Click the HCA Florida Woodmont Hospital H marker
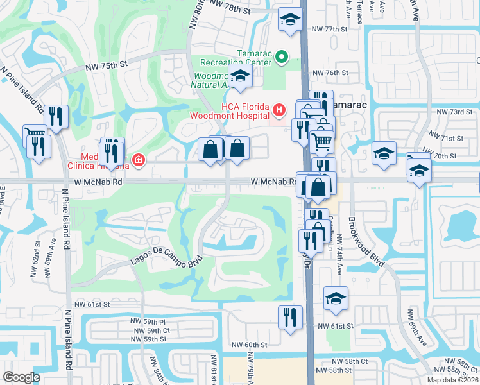279,110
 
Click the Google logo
21,377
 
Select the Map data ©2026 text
452,379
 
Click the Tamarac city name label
348,105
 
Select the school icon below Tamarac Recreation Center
240,77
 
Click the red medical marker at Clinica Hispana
137,160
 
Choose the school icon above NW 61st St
336,299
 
